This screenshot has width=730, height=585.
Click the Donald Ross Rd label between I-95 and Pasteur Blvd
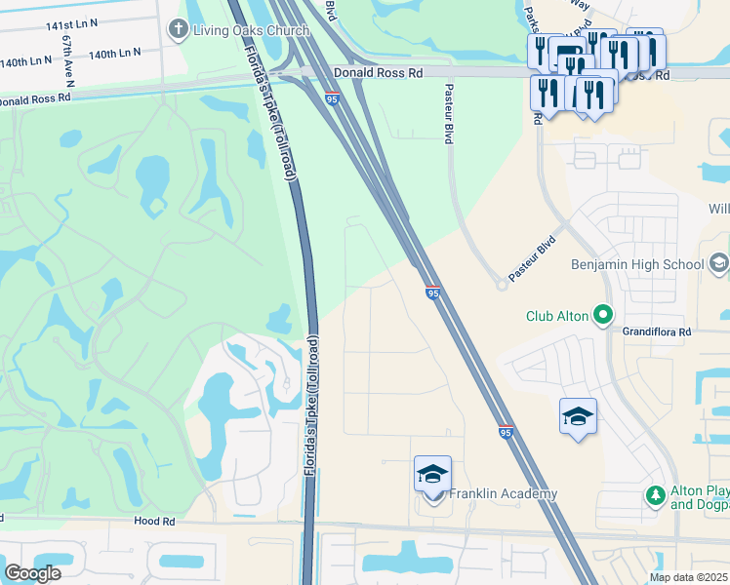(378, 73)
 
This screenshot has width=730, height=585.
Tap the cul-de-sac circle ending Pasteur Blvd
(503, 284)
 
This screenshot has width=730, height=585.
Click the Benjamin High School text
(636, 264)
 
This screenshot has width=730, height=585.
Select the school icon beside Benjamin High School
(719, 263)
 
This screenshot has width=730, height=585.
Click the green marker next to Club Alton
(603, 314)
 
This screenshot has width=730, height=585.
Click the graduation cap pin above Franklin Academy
(432, 474)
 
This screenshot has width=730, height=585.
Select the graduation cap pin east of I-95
(578, 416)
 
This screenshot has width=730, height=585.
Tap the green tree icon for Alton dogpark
(655, 496)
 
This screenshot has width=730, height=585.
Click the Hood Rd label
(155, 522)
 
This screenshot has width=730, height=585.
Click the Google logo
(32, 572)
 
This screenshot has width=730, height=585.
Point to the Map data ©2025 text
(688, 577)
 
